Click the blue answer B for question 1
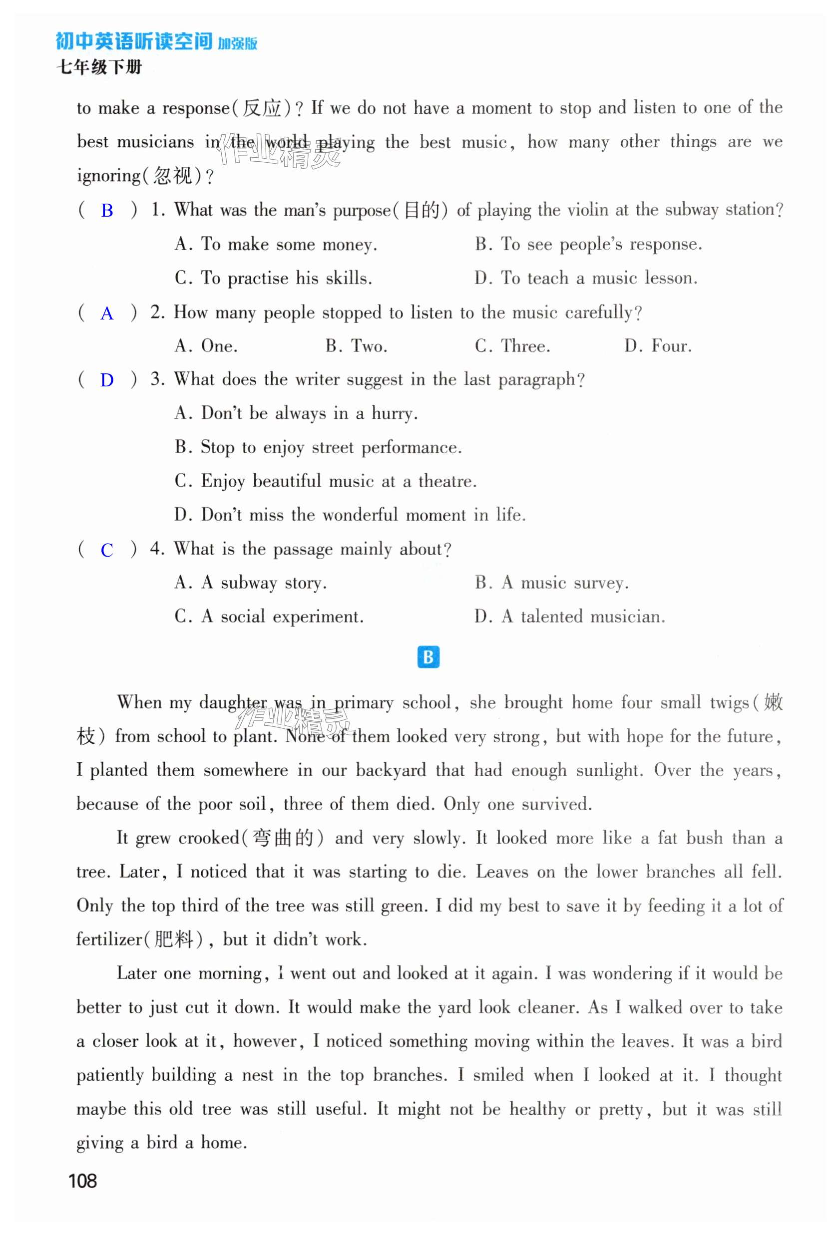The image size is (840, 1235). (x=107, y=211)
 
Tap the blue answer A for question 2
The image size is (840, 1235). (x=107, y=313)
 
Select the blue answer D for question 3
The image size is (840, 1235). (x=107, y=380)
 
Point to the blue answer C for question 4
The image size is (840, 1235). (x=107, y=550)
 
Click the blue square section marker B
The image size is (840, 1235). (x=428, y=657)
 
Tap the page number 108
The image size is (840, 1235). (x=82, y=1181)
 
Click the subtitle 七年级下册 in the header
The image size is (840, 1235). (x=99, y=67)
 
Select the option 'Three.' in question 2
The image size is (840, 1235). (x=525, y=346)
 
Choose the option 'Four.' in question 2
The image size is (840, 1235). (x=671, y=346)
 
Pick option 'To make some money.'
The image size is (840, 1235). (x=289, y=245)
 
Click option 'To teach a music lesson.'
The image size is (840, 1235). (x=599, y=279)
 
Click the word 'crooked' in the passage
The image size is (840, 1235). (x=209, y=838)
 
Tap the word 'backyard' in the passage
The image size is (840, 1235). (x=390, y=770)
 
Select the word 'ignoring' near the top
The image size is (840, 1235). (x=108, y=176)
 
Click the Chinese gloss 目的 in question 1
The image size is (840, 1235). (x=421, y=211)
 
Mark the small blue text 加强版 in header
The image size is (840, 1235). (x=237, y=43)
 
